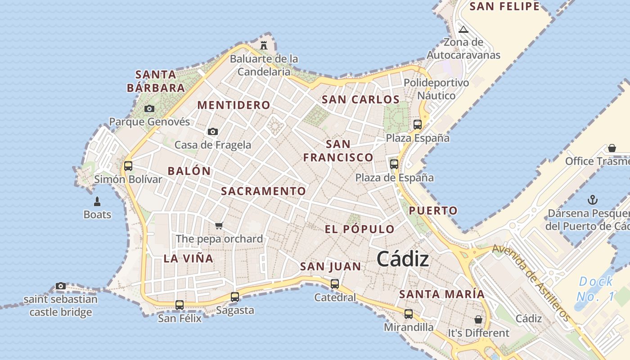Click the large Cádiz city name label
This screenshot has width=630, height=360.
tap(403, 259)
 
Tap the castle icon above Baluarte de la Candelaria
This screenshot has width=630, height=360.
tap(264, 45)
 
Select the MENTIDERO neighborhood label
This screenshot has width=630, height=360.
tap(234, 105)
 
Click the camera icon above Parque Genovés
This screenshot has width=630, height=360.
tap(149, 108)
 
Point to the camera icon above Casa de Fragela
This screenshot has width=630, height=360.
tap(213, 131)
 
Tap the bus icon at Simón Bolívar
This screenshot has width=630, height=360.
tap(128, 166)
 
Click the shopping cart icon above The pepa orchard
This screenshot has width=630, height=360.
tap(219, 225)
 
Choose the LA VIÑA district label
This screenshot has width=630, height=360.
tap(188, 258)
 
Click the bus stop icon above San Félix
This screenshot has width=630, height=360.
tap(180, 305)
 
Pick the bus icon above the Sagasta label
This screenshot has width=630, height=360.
tap(235, 297)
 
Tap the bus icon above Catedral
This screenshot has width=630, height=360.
tap(335, 283)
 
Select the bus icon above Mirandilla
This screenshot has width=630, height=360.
tap(409, 314)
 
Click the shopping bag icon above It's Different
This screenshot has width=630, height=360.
tap(478, 319)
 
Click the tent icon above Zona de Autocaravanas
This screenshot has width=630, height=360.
tap(463, 30)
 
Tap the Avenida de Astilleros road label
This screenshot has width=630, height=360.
tap(531, 283)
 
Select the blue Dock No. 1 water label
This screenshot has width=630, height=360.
tap(595, 289)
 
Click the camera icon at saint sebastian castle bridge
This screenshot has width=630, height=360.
tap(61, 286)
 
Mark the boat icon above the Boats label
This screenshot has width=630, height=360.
tap(97, 201)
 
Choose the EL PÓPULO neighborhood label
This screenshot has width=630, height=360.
tap(360, 229)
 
